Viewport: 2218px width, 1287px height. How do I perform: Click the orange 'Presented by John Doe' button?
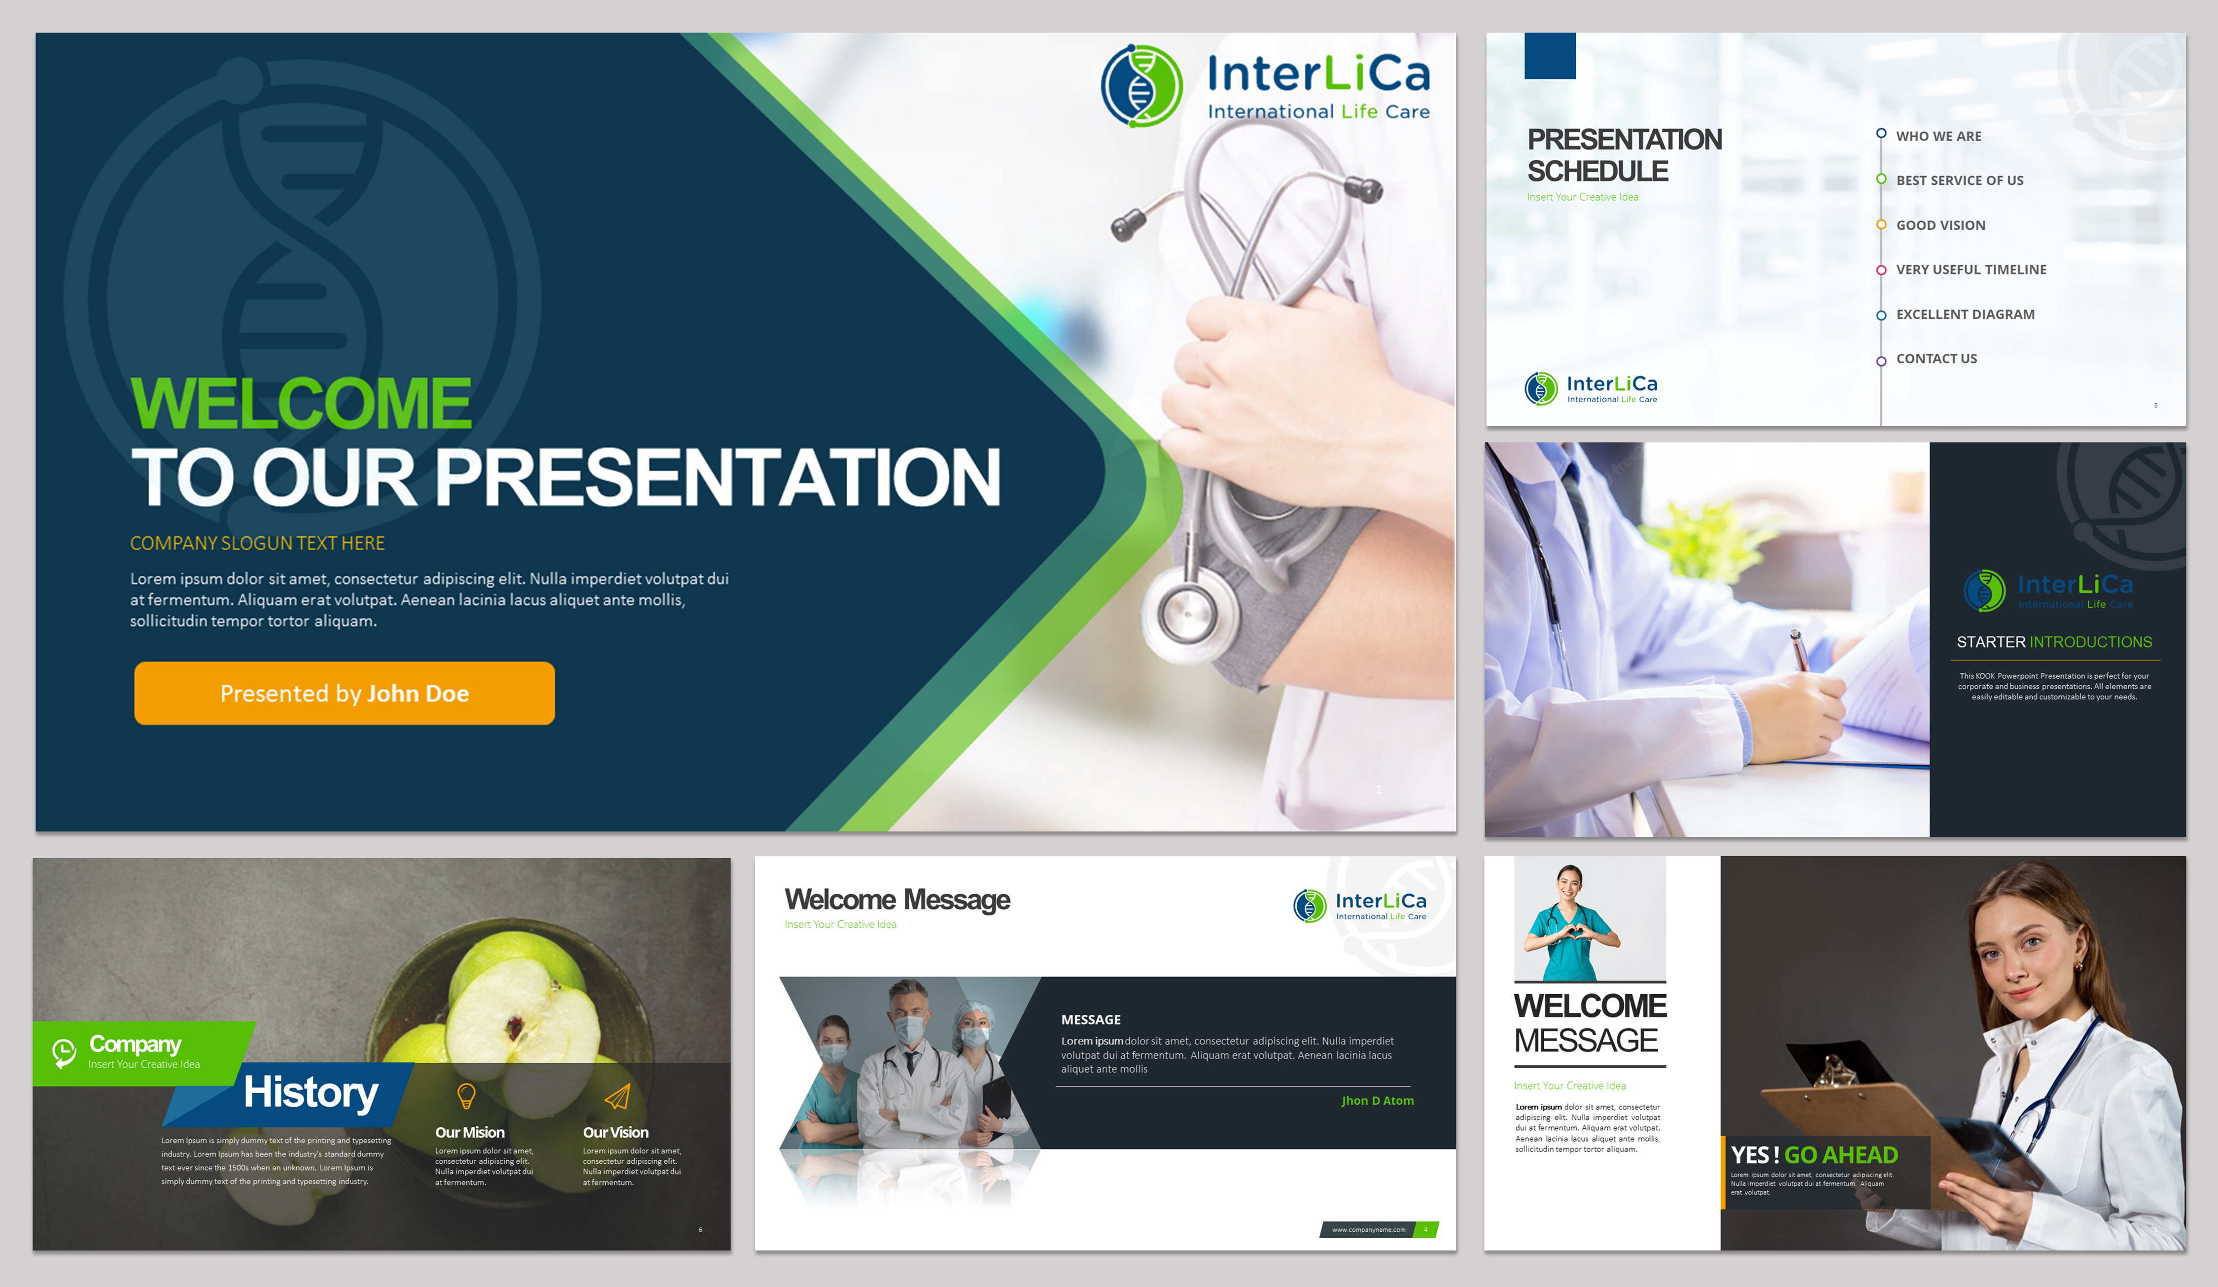344,694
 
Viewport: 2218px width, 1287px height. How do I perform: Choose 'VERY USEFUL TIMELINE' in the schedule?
1971,269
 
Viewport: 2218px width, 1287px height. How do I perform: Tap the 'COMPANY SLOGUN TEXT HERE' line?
257,543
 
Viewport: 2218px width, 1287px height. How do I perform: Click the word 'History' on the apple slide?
311,1092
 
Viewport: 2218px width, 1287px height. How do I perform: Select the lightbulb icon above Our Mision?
466,1096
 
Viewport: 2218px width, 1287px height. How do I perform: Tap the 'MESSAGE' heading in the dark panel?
1090,1019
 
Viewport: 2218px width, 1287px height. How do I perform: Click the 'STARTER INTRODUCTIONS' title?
2053,642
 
